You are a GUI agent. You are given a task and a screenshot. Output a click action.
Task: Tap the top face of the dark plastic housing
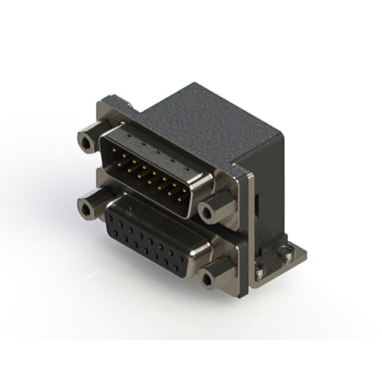coord(203,119)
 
